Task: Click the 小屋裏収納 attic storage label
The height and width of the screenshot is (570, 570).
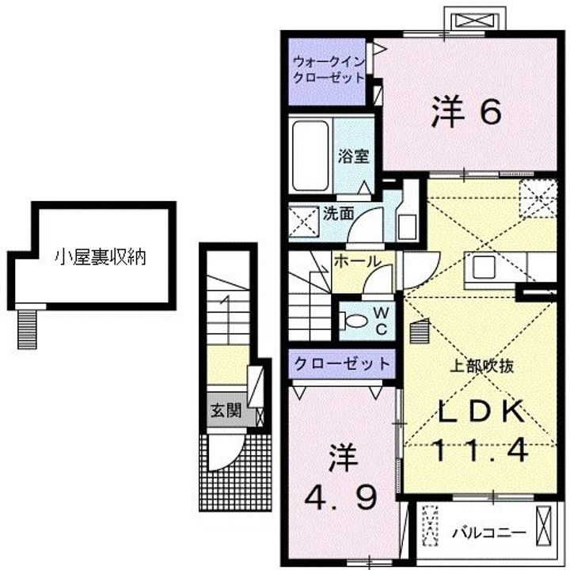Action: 101,257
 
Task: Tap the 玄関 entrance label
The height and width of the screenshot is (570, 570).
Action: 226,411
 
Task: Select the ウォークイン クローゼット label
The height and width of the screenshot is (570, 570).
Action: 329,70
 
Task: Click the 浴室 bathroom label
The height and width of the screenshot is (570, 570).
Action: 353,156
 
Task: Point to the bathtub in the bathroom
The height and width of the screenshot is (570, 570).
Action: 310,156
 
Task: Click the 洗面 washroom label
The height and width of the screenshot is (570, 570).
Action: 338,214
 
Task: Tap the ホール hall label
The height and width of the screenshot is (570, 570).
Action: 357,260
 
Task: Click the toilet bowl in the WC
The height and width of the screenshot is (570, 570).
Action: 352,321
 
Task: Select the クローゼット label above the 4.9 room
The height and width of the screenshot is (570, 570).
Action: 342,364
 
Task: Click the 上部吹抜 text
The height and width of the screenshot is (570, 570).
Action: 481,367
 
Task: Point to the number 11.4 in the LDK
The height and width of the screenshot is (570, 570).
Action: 481,450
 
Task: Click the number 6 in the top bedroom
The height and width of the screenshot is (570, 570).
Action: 490,112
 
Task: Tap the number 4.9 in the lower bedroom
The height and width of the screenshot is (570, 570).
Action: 341,498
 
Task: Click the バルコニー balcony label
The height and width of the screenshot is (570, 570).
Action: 489,534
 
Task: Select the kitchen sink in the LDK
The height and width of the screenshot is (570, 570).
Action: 484,267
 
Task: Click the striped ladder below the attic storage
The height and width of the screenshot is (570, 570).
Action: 27,329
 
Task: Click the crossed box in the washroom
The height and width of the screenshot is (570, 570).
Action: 304,222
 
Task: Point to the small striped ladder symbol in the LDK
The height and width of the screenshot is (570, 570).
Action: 420,331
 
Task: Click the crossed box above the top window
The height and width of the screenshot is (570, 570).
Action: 475,21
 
